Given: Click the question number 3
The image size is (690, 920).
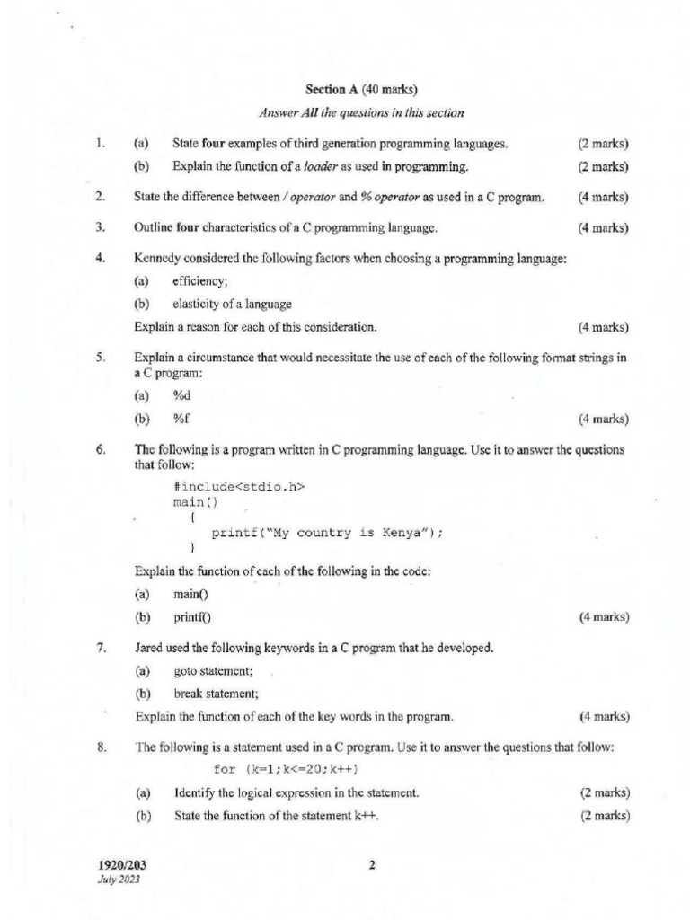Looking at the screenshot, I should click(101, 227).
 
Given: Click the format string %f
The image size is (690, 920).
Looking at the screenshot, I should click(181, 419).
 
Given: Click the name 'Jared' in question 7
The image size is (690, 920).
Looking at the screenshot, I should click(150, 647).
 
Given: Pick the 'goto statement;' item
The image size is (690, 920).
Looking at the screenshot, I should click(213, 670).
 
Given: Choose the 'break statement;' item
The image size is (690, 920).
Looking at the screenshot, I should click(216, 693).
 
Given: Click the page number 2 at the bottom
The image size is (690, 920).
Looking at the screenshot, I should click(371, 865).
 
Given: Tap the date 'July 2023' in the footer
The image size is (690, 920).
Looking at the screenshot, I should click(119, 880).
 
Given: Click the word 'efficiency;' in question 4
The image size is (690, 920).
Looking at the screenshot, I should click(200, 281).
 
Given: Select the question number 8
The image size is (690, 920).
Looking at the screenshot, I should click(101, 747).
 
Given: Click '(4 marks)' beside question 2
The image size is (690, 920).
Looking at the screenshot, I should click(604, 197).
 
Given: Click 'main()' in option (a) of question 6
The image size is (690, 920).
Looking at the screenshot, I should click(190, 594).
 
